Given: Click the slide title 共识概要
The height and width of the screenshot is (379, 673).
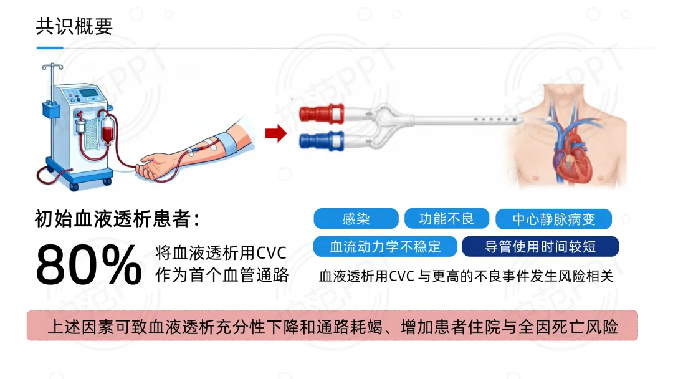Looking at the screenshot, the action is click(74, 27).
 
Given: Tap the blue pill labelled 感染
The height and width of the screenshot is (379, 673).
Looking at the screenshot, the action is click(356, 219).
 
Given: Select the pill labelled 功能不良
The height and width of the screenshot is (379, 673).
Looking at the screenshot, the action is click(446, 219).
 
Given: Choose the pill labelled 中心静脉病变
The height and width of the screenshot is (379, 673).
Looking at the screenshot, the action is click(554, 219).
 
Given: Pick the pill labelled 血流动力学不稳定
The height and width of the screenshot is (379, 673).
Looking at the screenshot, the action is click(385, 246).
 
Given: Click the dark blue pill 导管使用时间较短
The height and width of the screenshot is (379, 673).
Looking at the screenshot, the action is click(540, 246).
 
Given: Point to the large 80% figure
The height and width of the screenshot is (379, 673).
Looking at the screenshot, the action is click(88, 264).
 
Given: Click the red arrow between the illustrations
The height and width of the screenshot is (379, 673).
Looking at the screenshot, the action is click(276, 133).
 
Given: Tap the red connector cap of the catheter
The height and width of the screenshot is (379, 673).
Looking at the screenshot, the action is click(322, 113).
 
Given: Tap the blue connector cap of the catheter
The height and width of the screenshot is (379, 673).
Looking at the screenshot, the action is click(322, 142).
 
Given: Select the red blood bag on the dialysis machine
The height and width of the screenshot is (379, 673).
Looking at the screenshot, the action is click(108, 132).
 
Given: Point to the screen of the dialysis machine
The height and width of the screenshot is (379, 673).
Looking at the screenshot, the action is click(89, 93).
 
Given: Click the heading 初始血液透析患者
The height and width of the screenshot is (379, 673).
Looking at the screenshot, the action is click(117, 219).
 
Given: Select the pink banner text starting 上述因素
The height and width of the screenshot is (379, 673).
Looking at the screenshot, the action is click(333, 327).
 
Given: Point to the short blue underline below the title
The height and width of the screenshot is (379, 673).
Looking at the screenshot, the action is click(50, 48).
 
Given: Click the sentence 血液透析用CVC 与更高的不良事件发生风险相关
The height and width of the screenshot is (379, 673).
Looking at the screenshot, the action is click(465, 276).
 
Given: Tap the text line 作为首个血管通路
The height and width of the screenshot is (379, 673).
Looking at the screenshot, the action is click(222, 275).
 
